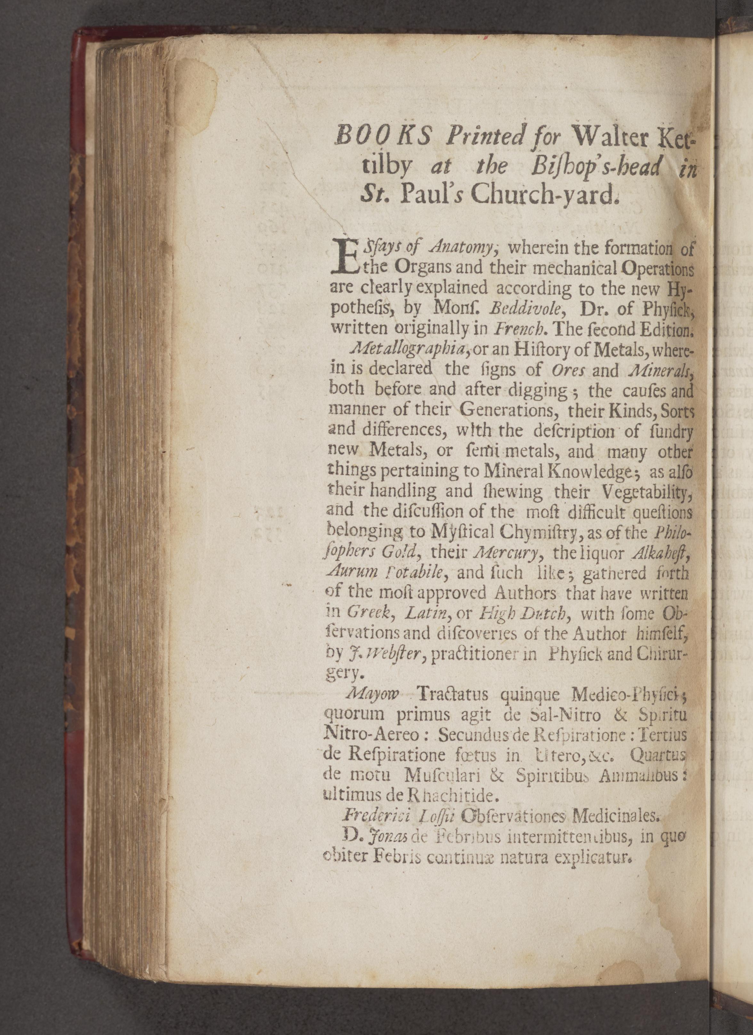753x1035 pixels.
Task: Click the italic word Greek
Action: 369,613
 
